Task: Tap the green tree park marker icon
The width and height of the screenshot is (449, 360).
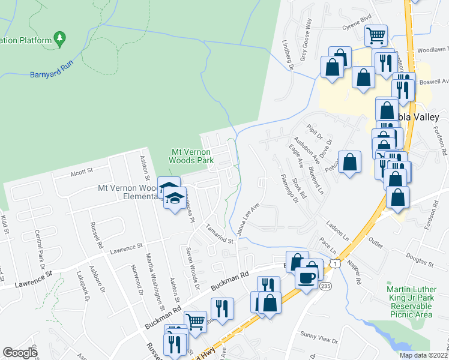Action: click(x=59, y=40)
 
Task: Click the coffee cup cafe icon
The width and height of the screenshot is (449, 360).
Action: click(x=307, y=277)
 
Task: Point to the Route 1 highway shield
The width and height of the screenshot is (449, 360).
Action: click(x=335, y=263)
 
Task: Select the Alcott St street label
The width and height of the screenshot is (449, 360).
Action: click(x=82, y=170)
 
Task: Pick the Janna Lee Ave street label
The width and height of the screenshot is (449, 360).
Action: click(x=249, y=218)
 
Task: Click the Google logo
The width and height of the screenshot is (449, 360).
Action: click(x=20, y=353)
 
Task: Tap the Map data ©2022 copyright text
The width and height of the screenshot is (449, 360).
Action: click(x=424, y=355)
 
